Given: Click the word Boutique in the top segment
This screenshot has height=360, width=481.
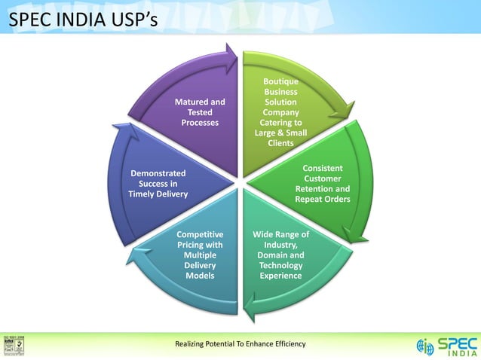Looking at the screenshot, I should [280, 81].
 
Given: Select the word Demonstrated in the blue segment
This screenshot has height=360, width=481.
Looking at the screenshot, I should [158, 173].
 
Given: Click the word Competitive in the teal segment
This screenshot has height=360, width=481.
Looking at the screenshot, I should [200, 235].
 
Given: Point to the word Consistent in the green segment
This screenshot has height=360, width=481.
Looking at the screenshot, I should [323, 168].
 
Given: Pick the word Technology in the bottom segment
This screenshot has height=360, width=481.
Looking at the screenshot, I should [280, 265].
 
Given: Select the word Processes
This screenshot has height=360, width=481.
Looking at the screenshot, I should [200, 122].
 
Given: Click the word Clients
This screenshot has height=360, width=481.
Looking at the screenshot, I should [280, 143].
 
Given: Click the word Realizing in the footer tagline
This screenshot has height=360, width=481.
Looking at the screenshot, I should [192, 344].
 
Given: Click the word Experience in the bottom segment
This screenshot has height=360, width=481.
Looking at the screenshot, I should [280, 276].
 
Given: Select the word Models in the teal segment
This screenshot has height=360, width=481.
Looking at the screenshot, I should [200, 276].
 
